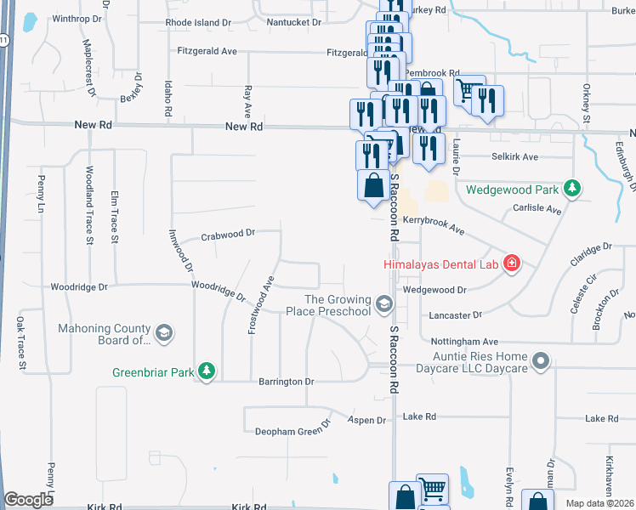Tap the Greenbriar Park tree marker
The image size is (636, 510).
[206, 371]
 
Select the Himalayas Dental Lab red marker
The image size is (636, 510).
[512, 264]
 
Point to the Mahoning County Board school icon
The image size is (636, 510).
[164, 332]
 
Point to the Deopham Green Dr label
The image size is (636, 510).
[292, 430]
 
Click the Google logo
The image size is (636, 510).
[29, 500]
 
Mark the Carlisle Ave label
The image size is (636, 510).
[537, 209]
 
